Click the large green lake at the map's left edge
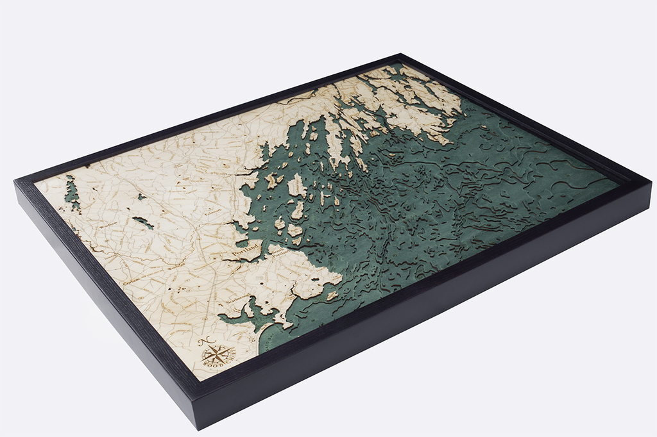coord(71,192)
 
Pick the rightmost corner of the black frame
coord(651,181)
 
